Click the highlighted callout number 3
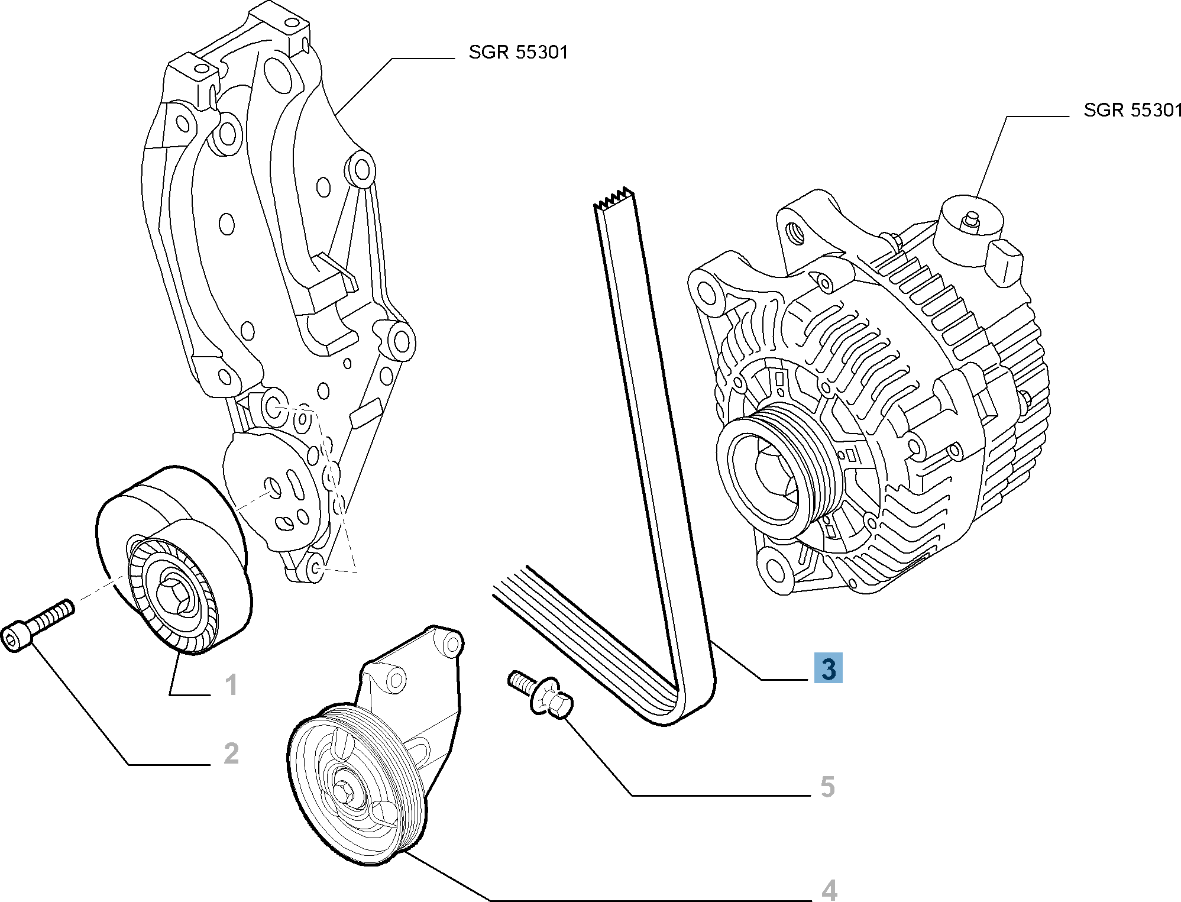click(x=828, y=668)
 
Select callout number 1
click(x=231, y=685)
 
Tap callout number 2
click(x=231, y=753)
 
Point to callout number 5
click(x=827, y=787)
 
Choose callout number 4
click(x=829, y=890)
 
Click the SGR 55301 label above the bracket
click(x=518, y=52)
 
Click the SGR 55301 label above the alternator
click(x=1132, y=110)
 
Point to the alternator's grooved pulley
click(x=781, y=467)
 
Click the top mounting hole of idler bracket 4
click(x=452, y=644)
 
